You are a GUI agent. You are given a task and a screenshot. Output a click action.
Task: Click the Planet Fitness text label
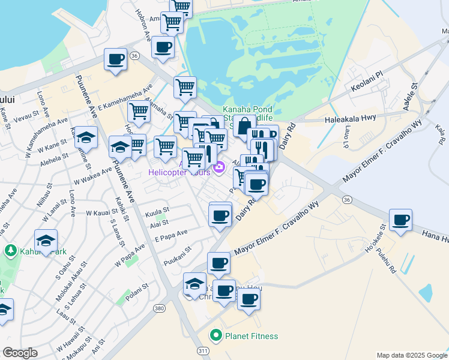point(252,336)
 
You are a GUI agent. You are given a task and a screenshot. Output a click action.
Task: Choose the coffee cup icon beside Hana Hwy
point(400,220)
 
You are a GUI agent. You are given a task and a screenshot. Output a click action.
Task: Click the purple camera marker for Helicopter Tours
point(220,167)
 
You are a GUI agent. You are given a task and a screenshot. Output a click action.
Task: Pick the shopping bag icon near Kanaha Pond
point(244,127)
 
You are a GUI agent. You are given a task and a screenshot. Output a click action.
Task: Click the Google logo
point(20,353)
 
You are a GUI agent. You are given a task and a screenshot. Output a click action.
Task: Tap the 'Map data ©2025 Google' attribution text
point(412,355)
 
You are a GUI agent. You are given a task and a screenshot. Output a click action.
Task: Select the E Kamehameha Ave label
point(125,99)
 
